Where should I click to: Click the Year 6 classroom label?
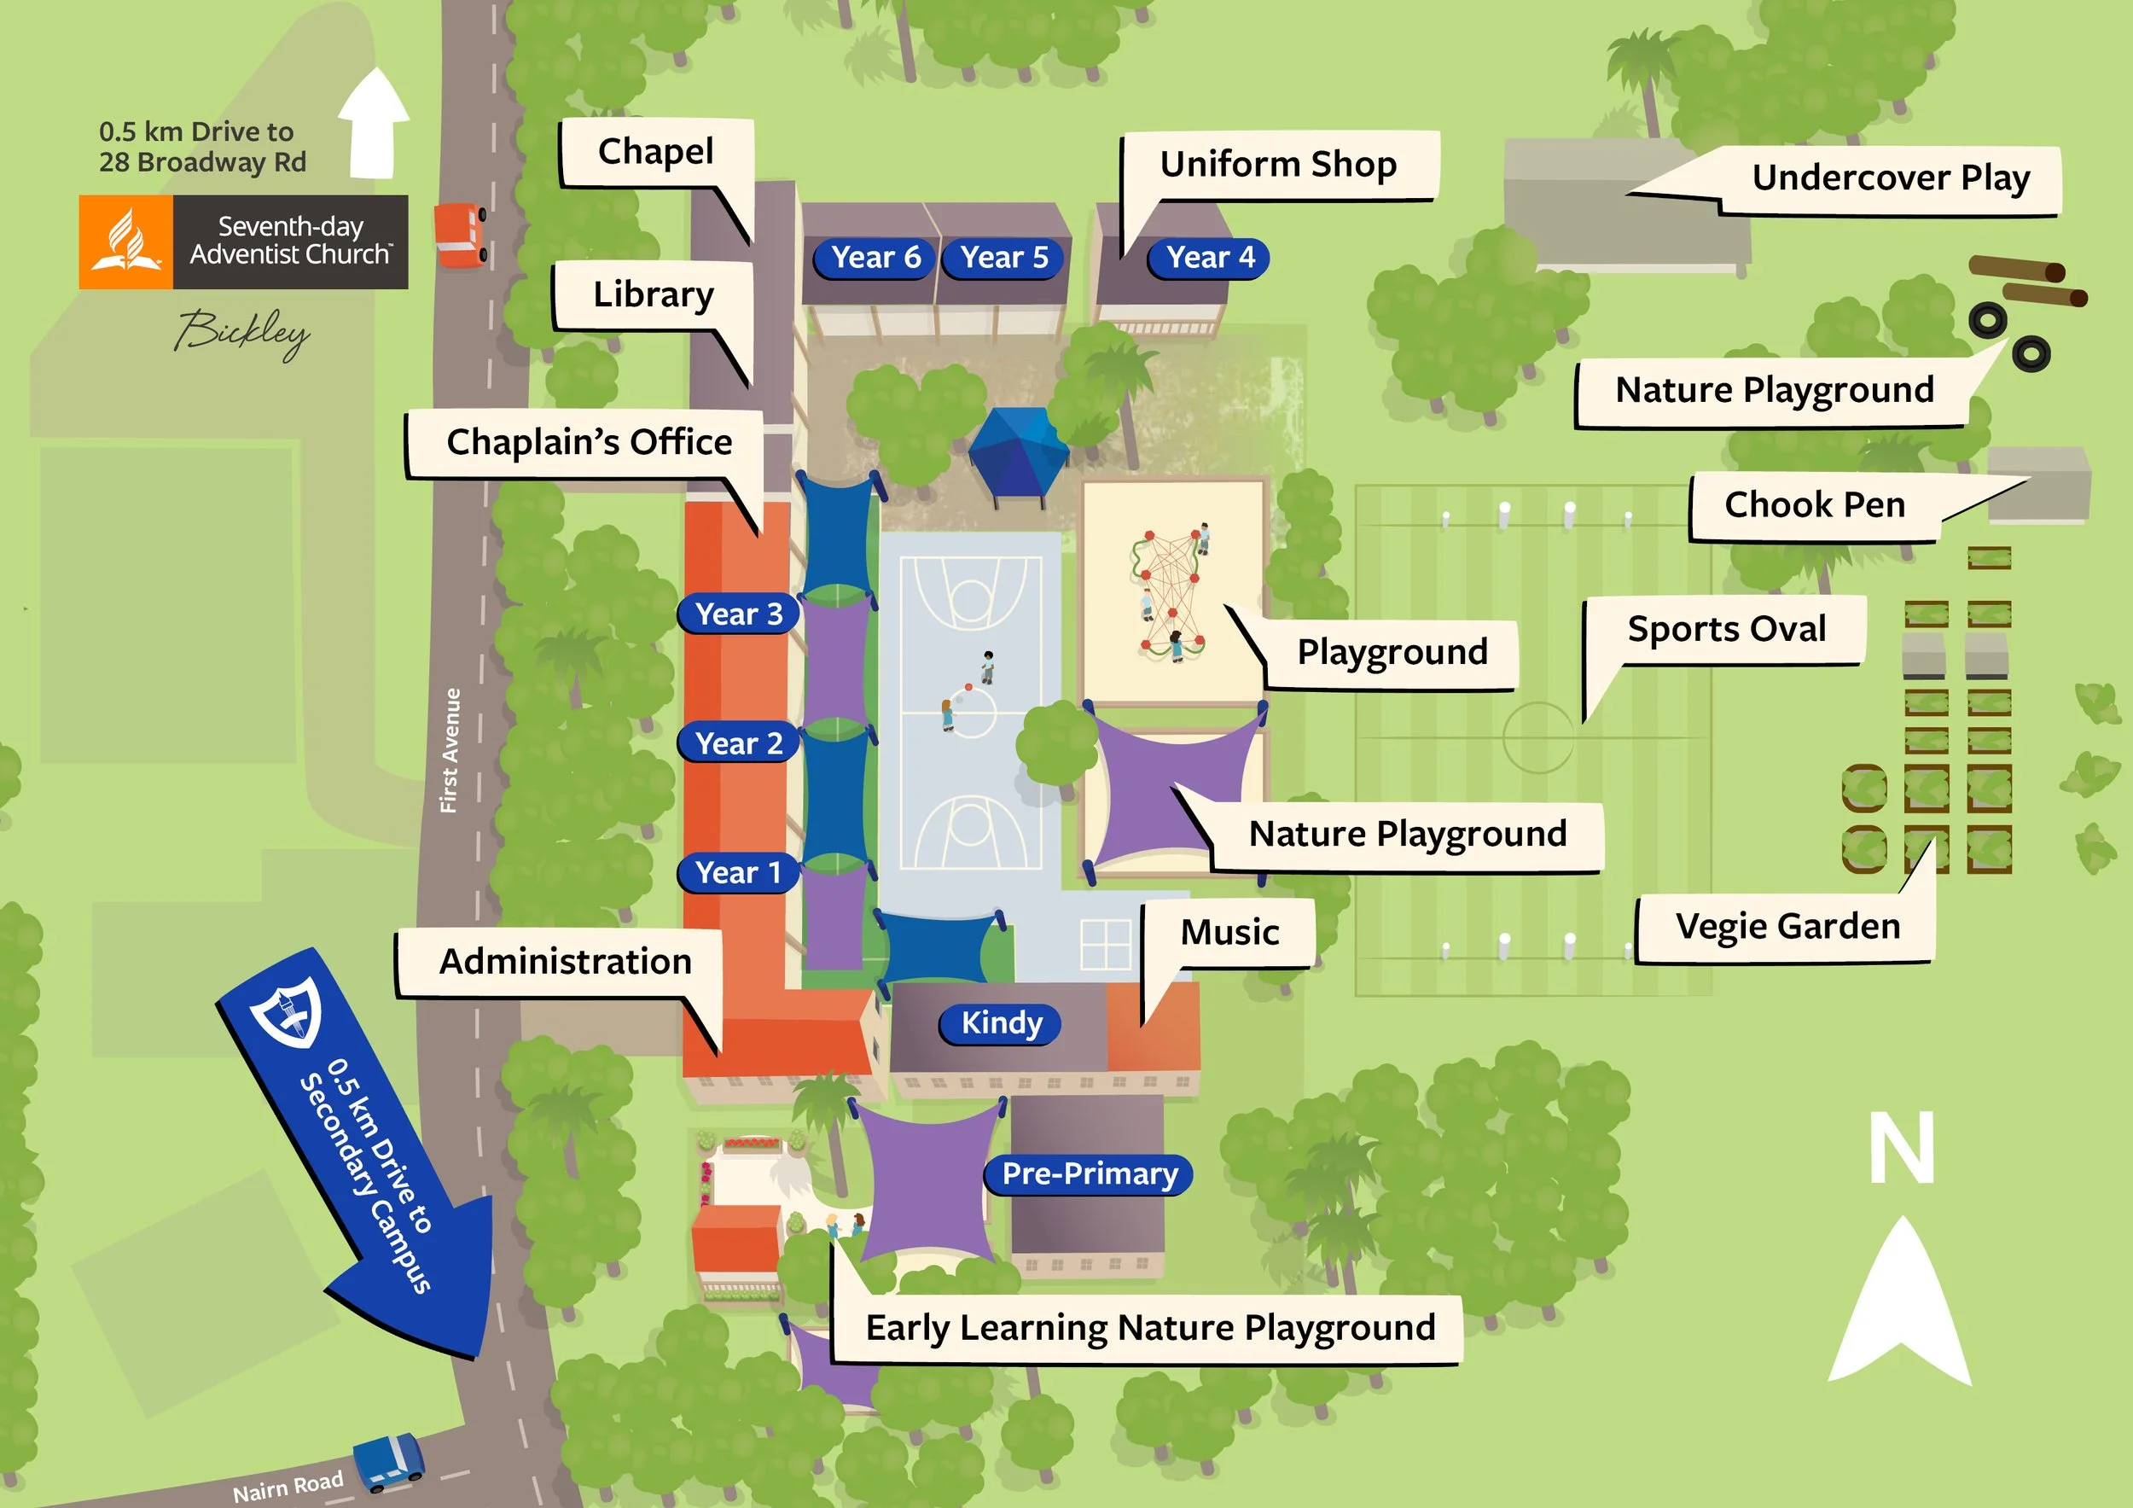(x=875, y=258)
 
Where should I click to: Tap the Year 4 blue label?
(x=1210, y=258)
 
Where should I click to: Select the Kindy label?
(x=1001, y=1023)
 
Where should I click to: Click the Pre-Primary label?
(x=1089, y=1173)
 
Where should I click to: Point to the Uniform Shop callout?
(x=1278, y=165)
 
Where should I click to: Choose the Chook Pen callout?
(x=1815, y=505)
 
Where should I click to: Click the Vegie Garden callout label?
(x=1787, y=926)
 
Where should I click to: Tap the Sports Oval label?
(x=1726, y=629)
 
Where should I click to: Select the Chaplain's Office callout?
(x=589, y=442)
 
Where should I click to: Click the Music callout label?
(x=1229, y=932)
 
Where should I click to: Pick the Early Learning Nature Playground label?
(x=1149, y=1328)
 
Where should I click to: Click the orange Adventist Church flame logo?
(x=126, y=242)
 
